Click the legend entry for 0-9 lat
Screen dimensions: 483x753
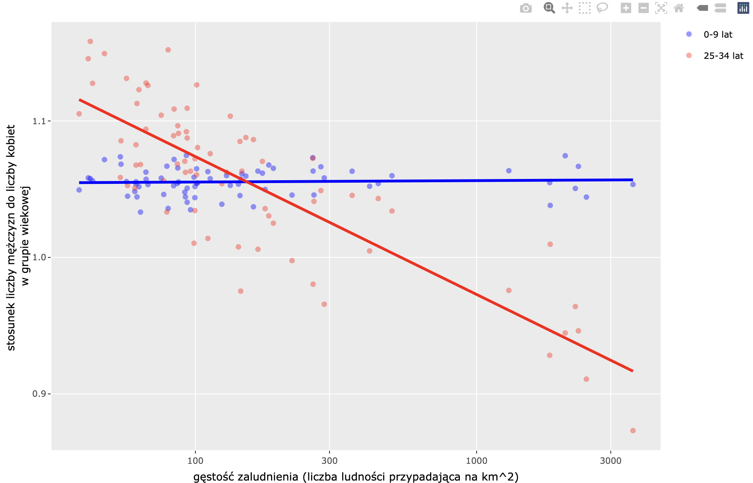717,35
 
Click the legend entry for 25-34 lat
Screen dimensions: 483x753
723,56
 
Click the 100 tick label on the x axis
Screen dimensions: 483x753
195,461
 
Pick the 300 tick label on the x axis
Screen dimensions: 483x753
329,461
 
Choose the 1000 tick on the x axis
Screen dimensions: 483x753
476,461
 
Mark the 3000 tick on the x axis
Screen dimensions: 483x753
610,461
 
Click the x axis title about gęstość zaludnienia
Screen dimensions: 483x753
356,477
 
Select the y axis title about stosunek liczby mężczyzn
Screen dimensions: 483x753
18,237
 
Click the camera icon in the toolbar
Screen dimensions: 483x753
526,8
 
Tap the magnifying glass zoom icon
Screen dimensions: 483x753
549,8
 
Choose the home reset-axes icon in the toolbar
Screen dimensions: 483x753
679,8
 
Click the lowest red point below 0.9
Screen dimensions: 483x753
633,431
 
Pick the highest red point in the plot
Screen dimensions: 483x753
90,42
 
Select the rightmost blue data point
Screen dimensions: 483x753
633,184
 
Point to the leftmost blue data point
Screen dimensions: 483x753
79,190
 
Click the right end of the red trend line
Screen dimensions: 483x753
632,371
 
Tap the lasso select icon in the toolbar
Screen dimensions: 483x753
602,8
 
